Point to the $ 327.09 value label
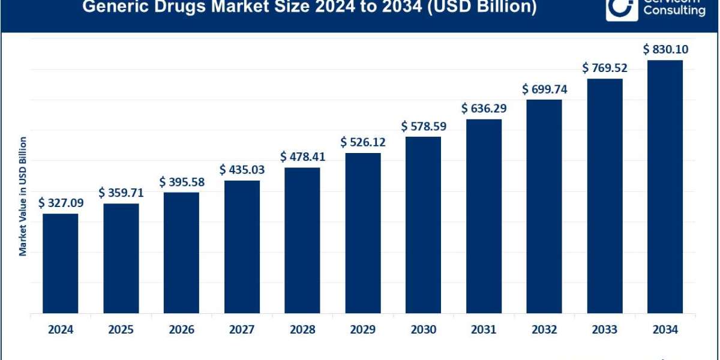click(x=61, y=203)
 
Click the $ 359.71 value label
click(x=121, y=193)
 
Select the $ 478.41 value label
click(x=302, y=157)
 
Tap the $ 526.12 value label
click(x=363, y=142)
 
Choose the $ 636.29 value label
click(x=484, y=109)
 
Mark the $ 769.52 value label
click(x=605, y=68)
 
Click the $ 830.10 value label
click(x=665, y=49)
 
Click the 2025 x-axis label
click(x=121, y=329)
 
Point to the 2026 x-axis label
click(x=181, y=329)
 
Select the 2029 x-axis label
click(x=363, y=329)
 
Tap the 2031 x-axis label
click(x=484, y=329)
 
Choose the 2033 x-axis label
click(x=605, y=329)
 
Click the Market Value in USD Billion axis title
click(x=23, y=196)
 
